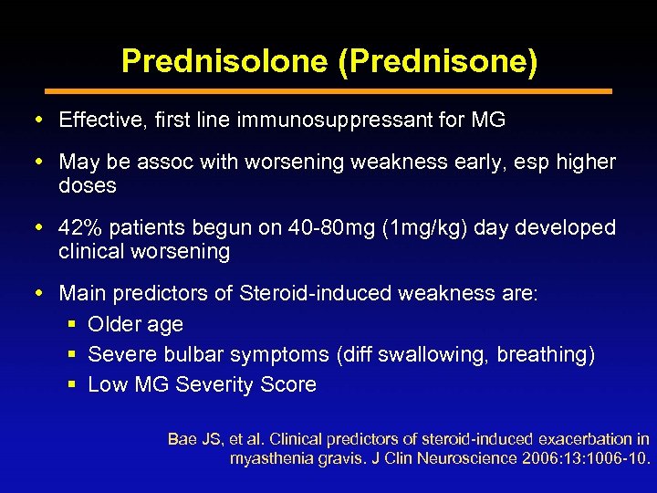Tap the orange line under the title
tap(328, 91)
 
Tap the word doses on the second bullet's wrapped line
tap(88, 185)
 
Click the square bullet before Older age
tap(73, 325)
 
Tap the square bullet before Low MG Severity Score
tap(73, 385)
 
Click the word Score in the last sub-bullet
tap(289, 384)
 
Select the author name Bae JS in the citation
tap(194, 439)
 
